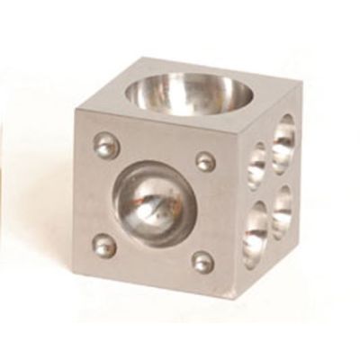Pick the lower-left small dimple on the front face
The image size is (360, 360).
click(104, 245)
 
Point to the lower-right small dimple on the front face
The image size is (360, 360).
click(202, 262)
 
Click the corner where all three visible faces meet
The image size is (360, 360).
click(238, 126)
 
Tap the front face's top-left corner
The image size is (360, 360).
click(77, 110)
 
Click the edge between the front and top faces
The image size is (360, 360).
click(157, 118)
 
